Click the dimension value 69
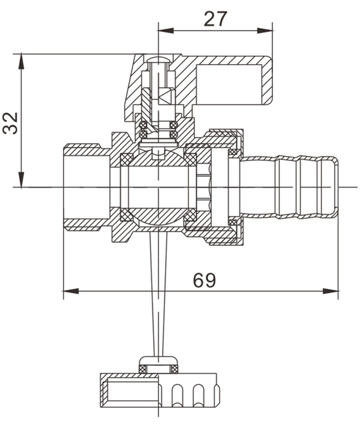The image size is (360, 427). pyautogui.click(x=205, y=279)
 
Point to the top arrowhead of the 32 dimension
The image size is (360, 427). pyautogui.click(x=22, y=59)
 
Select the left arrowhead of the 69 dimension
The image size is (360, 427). pyautogui.click(x=69, y=291)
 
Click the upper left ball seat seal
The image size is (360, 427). pyautogui.click(x=127, y=159)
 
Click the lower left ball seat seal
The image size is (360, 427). pyautogui.click(x=127, y=215)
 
